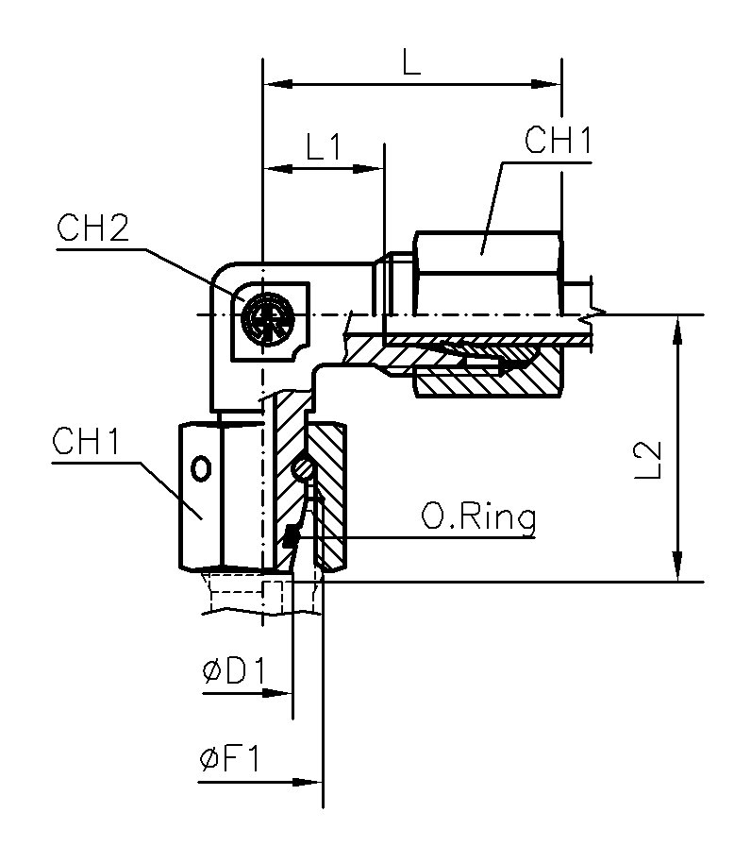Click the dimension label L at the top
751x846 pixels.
click(410, 61)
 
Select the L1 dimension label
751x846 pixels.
click(323, 146)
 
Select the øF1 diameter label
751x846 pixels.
click(233, 760)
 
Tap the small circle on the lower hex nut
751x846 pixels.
click(200, 467)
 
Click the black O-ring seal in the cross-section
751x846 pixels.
click(291, 538)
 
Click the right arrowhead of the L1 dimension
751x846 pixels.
click(372, 170)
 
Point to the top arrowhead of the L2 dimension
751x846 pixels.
click(678, 327)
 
